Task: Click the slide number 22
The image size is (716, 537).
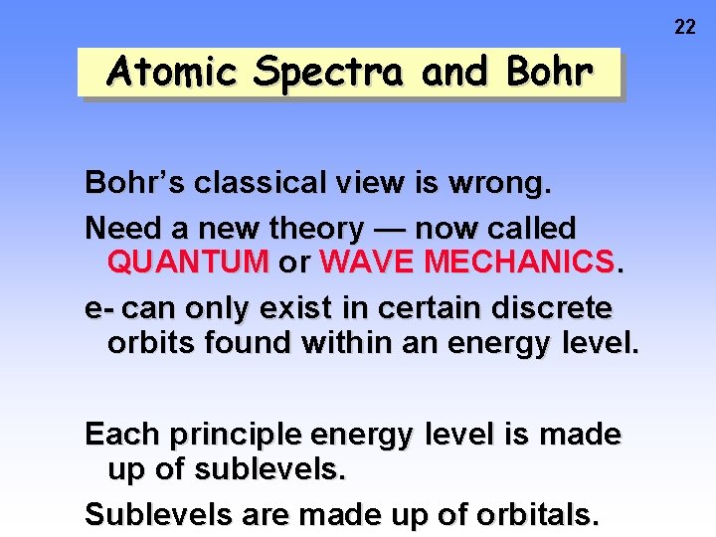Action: click(x=685, y=27)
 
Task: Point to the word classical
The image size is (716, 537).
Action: click(x=260, y=183)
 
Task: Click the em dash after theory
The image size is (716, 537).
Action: click(x=389, y=229)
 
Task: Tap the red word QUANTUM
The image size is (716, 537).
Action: click(x=188, y=264)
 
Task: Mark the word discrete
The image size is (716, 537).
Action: click(x=552, y=309)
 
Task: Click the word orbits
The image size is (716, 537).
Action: click(x=150, y=343)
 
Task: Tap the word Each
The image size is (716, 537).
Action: click(x=123, y=435)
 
